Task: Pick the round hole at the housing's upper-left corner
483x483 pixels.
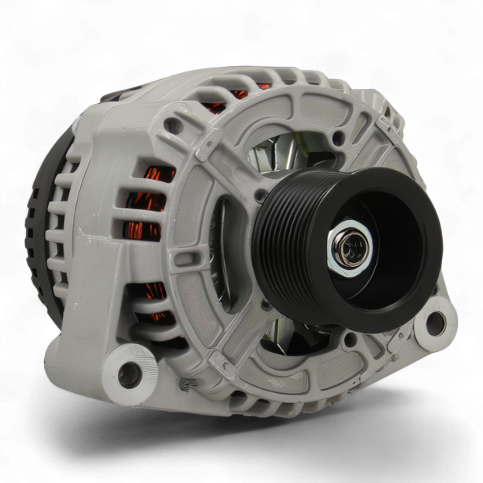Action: click(172, 126)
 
